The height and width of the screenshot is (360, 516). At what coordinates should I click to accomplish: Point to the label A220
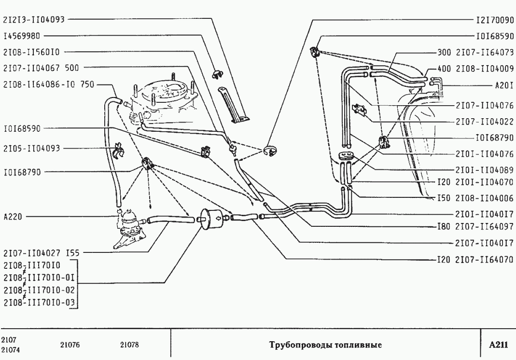(13, 217)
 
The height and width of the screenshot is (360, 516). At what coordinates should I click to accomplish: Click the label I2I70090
(494, 21)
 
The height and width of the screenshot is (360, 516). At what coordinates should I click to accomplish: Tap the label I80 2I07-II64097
(475, 226)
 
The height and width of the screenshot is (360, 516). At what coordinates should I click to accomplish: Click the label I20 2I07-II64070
(475, 259)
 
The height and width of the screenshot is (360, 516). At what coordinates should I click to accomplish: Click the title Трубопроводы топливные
(325, 345)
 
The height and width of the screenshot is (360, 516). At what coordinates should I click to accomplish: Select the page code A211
(498, 345)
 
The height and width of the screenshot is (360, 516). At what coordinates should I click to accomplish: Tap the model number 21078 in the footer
(129, 345)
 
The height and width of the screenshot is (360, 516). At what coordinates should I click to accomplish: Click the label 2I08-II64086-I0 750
(48, 83)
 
